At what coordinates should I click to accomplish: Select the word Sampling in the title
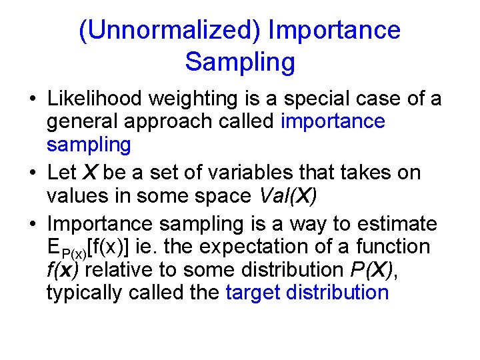(x=240, y=62)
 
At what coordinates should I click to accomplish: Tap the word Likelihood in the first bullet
(x=95, y=99)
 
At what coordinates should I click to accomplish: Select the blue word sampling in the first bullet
(x=89, y=144)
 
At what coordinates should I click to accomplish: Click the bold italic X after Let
(x=89, y=173)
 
